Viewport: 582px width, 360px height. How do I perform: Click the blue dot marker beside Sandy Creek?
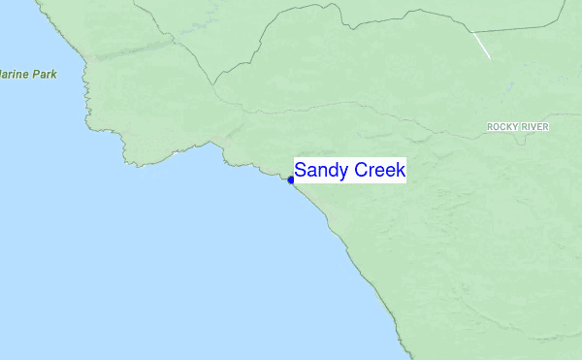291,180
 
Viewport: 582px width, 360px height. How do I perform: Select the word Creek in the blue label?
380,171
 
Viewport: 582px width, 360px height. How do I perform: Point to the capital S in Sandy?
301,171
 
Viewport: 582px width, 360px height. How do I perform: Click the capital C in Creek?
360,171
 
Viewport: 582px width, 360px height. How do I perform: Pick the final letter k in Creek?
402,171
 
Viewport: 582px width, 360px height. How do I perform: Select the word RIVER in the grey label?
535,127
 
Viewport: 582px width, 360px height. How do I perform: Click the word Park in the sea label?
46,74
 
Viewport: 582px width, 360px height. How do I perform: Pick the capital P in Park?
37,74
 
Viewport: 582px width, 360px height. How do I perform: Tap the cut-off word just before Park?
15,74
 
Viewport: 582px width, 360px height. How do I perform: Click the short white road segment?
481,45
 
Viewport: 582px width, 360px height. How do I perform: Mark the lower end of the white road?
490,57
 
